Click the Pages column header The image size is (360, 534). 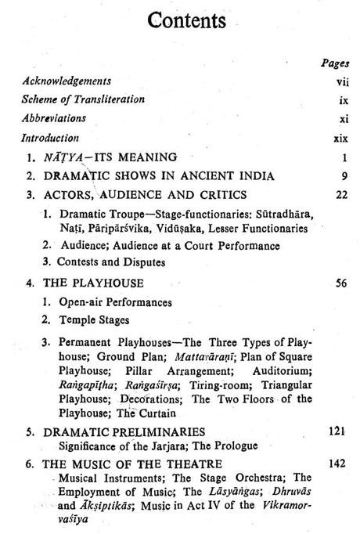point(335,61)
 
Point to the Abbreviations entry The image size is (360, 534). point(54,118)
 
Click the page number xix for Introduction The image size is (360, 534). point(340,137)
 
